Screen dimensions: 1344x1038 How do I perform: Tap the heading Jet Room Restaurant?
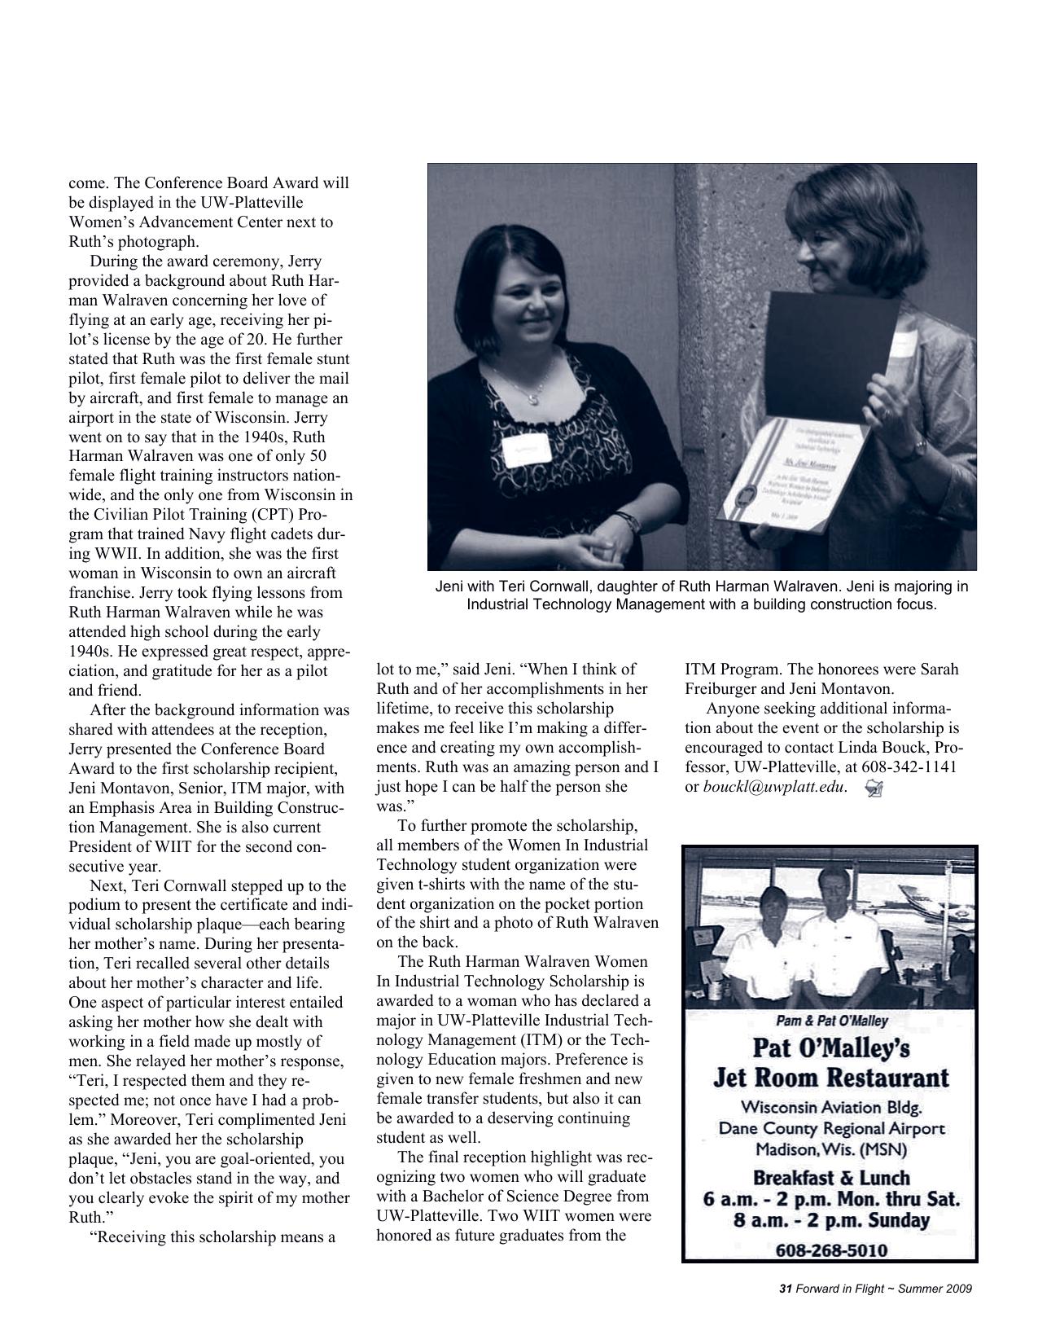[830, 1078]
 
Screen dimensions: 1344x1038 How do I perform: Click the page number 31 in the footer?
[786, 1289]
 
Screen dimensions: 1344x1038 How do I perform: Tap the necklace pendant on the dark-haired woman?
[534, 398]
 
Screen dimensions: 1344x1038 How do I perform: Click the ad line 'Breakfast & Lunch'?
[830, 1178]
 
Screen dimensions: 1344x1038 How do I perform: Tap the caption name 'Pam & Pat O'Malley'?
[830, 1021]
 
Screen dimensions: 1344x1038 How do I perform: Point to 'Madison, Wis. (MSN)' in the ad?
[830, 1149]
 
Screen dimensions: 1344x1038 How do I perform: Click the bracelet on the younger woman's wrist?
[628, 522]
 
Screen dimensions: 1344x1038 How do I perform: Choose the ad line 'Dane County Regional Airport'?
[830, 1129]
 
